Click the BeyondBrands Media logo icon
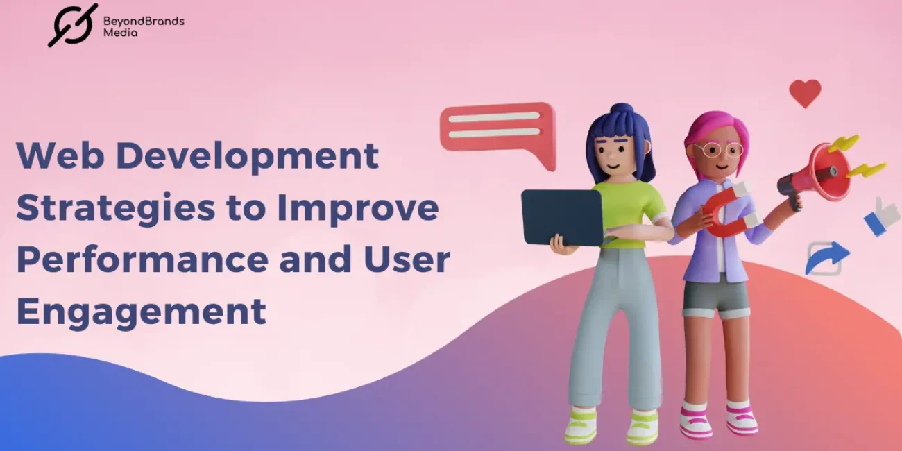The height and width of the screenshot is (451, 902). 73,25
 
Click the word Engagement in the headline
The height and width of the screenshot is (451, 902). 141,310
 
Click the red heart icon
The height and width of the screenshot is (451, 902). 805,93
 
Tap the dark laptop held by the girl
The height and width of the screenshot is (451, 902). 561,217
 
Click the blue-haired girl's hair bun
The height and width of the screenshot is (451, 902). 622,112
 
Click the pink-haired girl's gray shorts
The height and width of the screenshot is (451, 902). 715,296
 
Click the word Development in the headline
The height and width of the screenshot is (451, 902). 247,155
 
